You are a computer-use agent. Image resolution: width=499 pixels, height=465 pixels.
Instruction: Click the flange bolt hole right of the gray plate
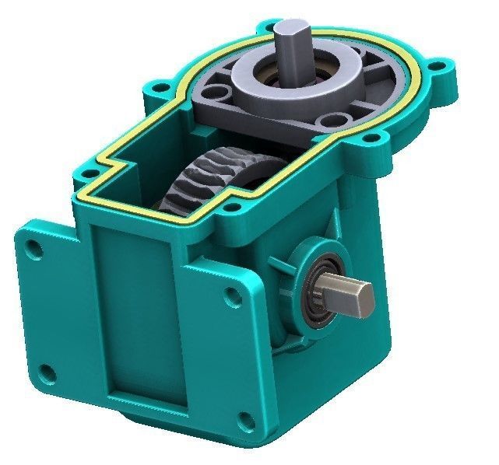381,141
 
